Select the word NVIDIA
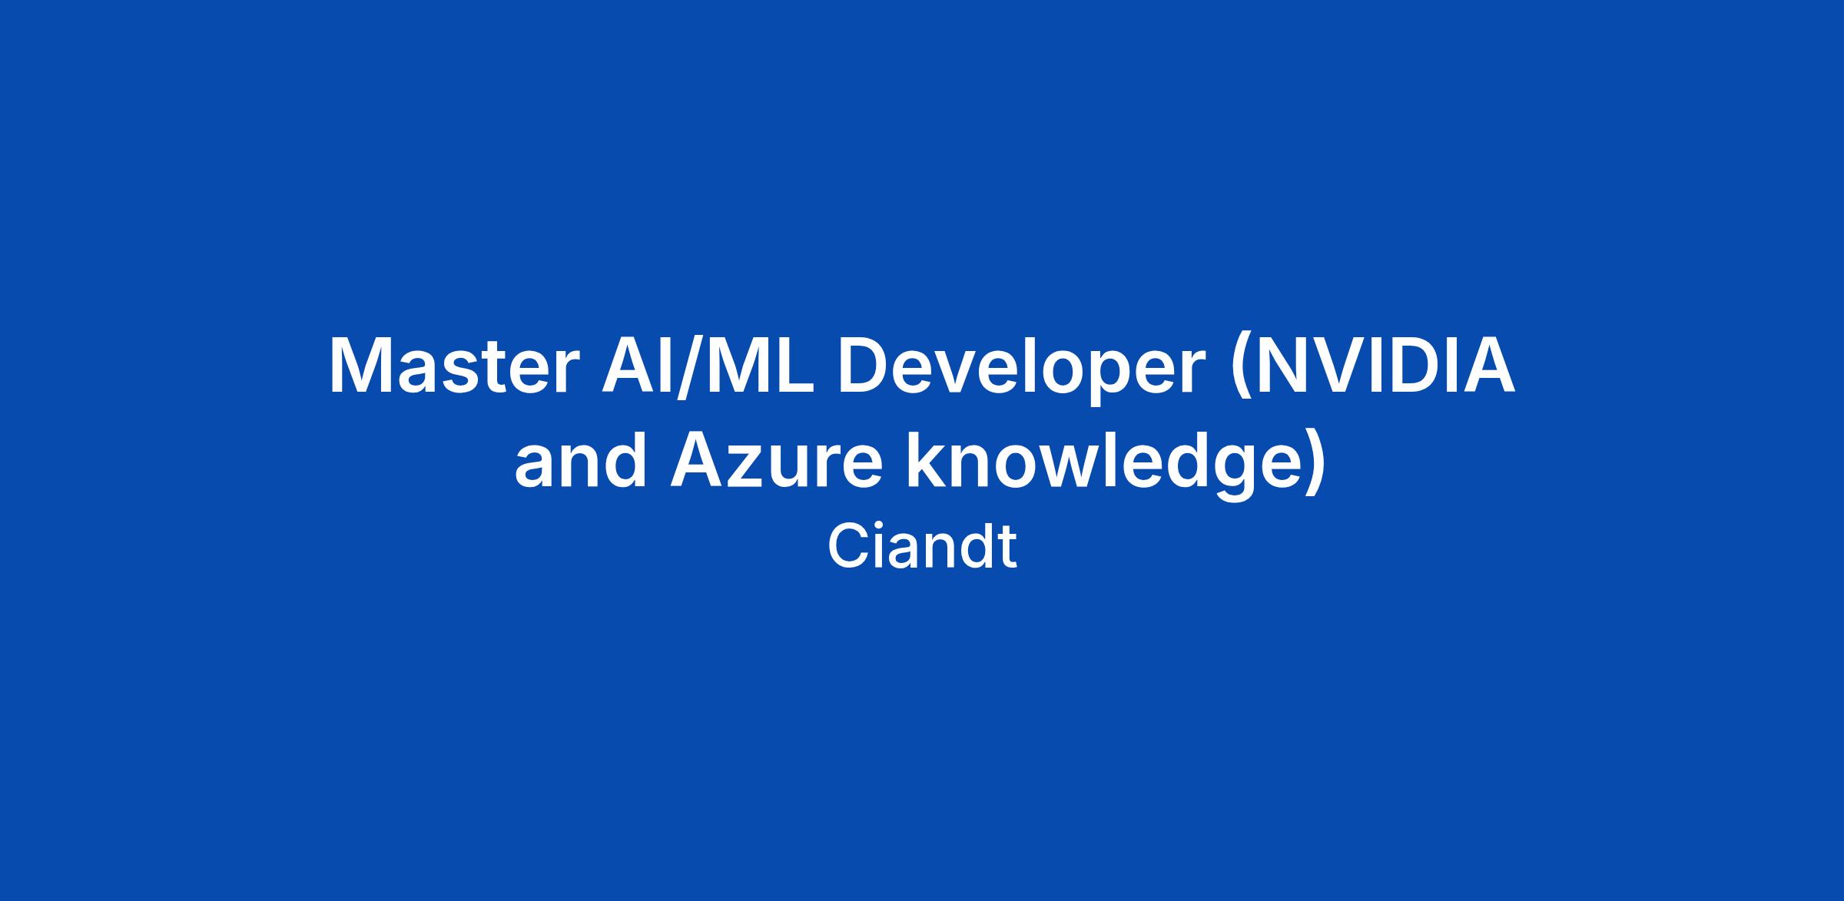(x=1385, y=366)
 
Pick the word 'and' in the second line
(x=581, y=459)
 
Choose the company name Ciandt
(x=922, y=547)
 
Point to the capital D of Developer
(x=865, y=366)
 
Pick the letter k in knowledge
(x=930, y=459)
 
